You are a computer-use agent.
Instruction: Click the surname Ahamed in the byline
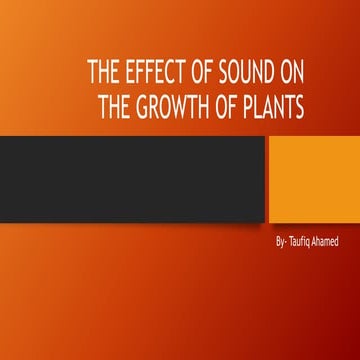click(x=333, y=243)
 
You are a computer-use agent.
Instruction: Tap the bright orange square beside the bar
click(x=313, y=179)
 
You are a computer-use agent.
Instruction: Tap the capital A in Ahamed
click(x=319, y=243)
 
